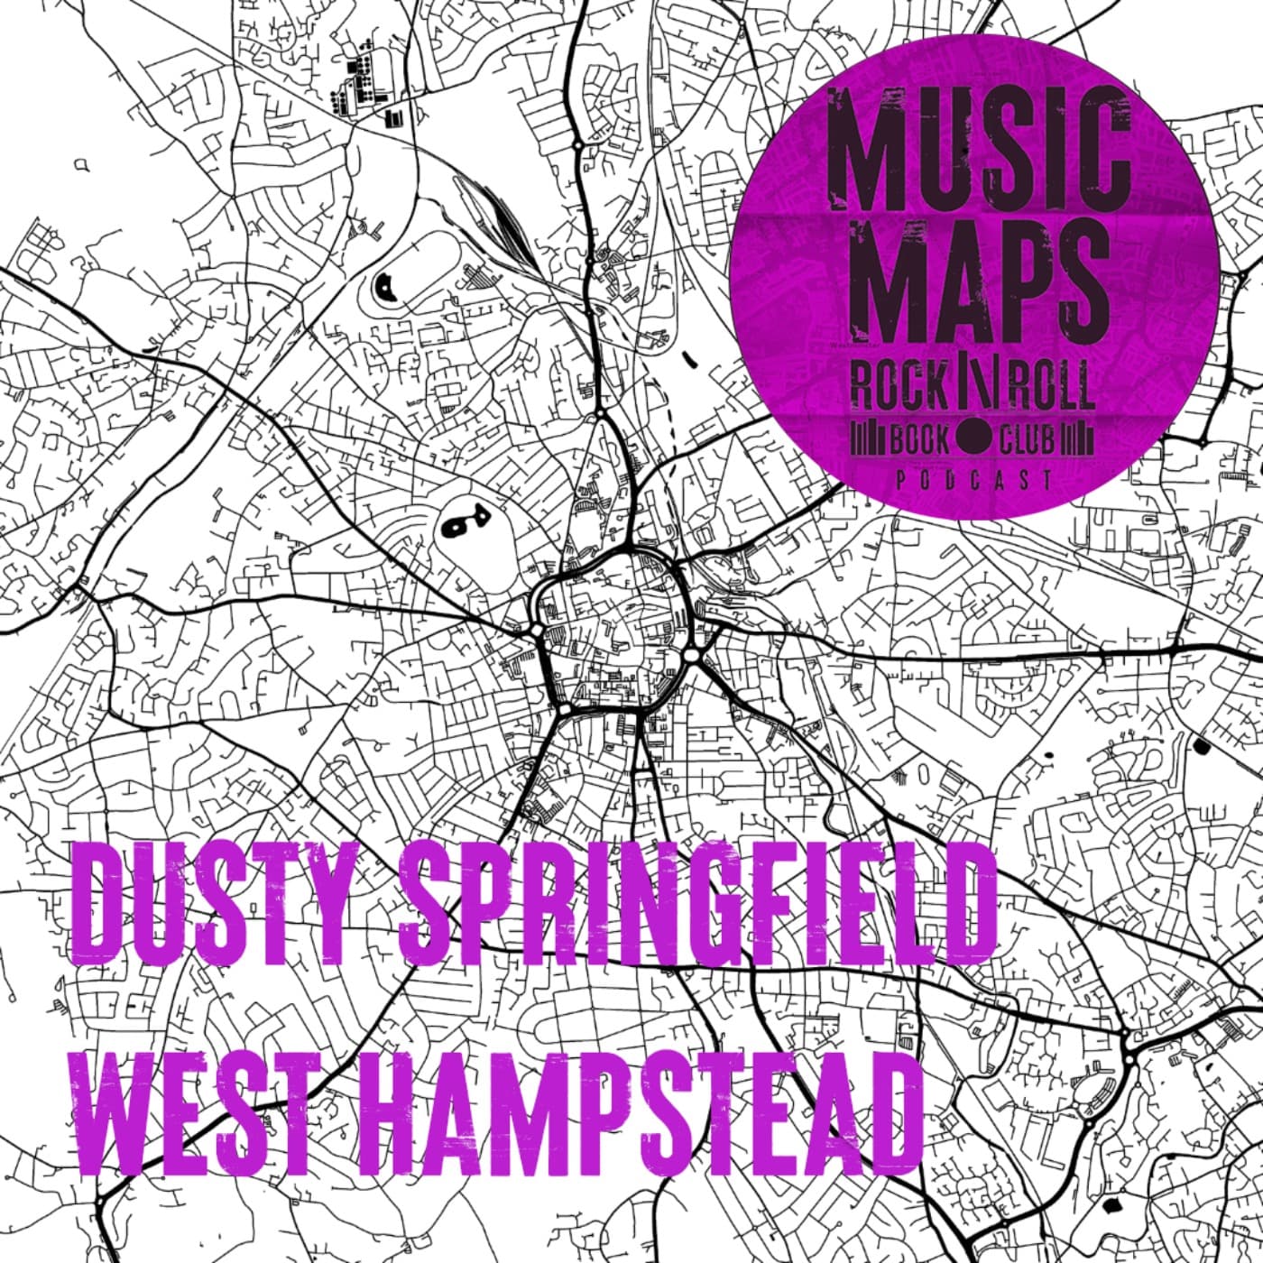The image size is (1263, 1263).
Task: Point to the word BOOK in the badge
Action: (919, 440)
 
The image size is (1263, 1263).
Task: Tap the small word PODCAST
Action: (974, 480)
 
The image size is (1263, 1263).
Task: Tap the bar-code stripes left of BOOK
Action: (871, 440)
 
